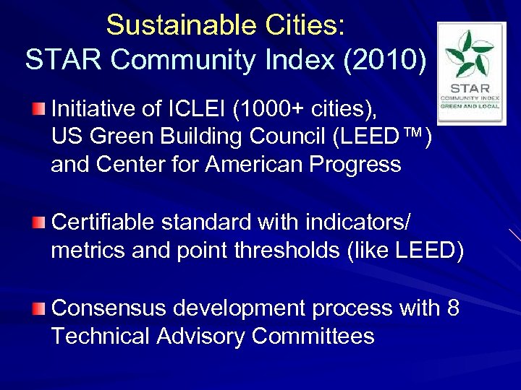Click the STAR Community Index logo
pyautogui.click(x=471, y=73)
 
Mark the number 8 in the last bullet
pyautogui.click(x=453, y=308)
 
